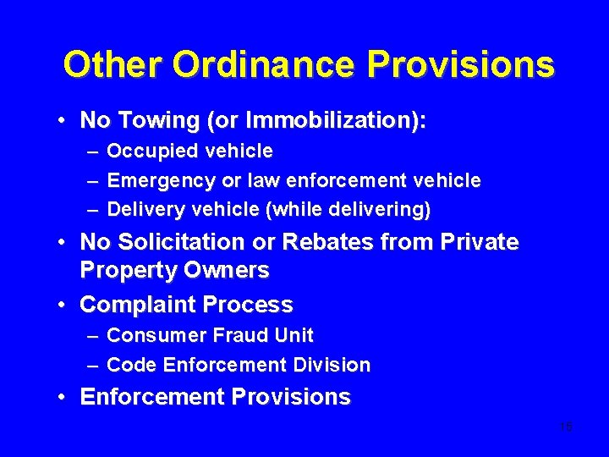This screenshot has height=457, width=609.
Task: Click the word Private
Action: (480, 242)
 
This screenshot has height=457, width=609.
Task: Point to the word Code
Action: (129, 366)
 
